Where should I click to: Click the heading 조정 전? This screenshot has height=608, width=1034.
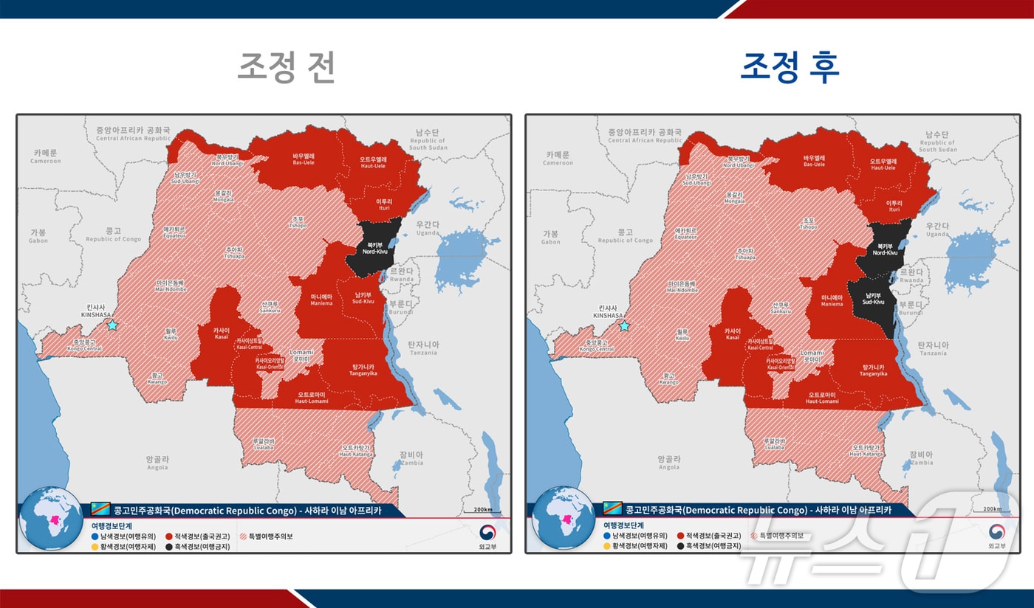[287, 67]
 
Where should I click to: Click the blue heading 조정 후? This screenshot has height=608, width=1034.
[790, 67]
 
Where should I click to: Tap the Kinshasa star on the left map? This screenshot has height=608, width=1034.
[112, 325]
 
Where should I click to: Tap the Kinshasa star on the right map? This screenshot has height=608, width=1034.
[624, 325]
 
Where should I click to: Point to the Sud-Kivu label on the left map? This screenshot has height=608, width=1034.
[363, 298]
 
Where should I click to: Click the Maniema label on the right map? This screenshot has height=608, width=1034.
[832, 300]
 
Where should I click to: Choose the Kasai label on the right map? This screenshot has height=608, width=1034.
[733, 334]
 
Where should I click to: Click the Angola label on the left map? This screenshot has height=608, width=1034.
[157, 463]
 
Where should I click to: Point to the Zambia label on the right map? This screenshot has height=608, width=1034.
[921, 458]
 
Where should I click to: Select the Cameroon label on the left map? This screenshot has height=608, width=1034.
[45, 156]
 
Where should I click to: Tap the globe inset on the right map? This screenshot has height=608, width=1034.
[561, 518]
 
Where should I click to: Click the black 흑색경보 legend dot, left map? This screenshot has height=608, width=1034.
[169, 547]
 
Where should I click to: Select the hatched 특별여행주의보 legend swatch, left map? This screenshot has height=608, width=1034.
[242, 536]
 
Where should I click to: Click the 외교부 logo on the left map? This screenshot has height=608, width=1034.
[487, 536]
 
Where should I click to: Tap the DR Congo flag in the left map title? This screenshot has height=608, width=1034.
[100, 510]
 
